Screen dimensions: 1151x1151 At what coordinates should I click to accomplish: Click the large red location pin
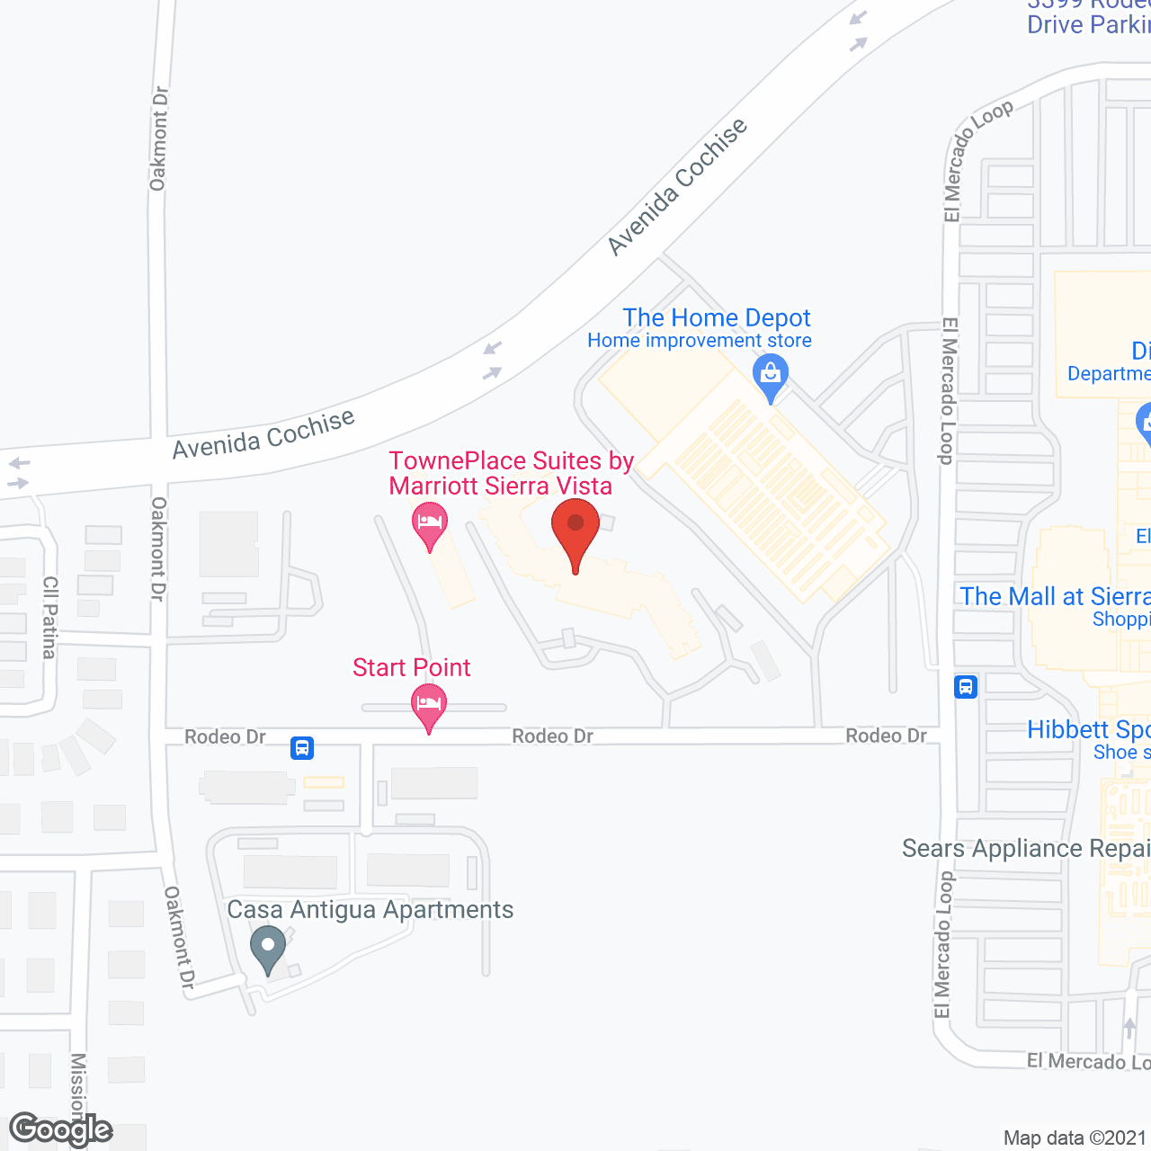pos(575,531)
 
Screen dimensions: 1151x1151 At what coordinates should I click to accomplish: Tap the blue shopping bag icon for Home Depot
pos(771,374)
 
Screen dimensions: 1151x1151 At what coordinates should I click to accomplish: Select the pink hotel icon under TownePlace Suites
pos(430,523)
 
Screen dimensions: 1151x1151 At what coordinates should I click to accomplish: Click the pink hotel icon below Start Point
pos(429,704)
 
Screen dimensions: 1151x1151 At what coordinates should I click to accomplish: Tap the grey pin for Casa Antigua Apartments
pos(267,948)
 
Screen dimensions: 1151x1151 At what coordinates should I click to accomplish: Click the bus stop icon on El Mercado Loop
pos(966,687)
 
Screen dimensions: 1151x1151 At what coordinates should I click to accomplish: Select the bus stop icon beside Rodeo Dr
pos(302,747)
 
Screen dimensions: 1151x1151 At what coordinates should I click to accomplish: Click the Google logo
pos(61,1129)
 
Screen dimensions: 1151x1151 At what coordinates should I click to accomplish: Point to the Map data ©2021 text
pos(1075,1138)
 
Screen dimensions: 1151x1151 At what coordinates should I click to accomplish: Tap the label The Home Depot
pos(717,317)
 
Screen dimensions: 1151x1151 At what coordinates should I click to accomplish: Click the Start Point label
pos(412,667)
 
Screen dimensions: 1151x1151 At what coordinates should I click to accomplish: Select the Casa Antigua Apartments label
pos(370,909)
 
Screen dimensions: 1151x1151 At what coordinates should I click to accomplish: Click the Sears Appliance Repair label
pos(1026,848)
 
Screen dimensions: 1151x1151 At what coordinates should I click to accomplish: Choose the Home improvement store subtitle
pos(700,341)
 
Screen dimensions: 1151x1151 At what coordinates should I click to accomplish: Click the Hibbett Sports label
pos(1088,729)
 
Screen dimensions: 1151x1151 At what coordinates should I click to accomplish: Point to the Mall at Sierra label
pos(1055,596)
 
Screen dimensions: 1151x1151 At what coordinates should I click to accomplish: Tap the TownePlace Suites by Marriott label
pos(511,473)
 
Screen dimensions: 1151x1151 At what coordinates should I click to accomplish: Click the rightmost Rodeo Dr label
pos(886,736)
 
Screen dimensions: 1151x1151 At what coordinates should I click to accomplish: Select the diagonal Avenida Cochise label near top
pos(677,187)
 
